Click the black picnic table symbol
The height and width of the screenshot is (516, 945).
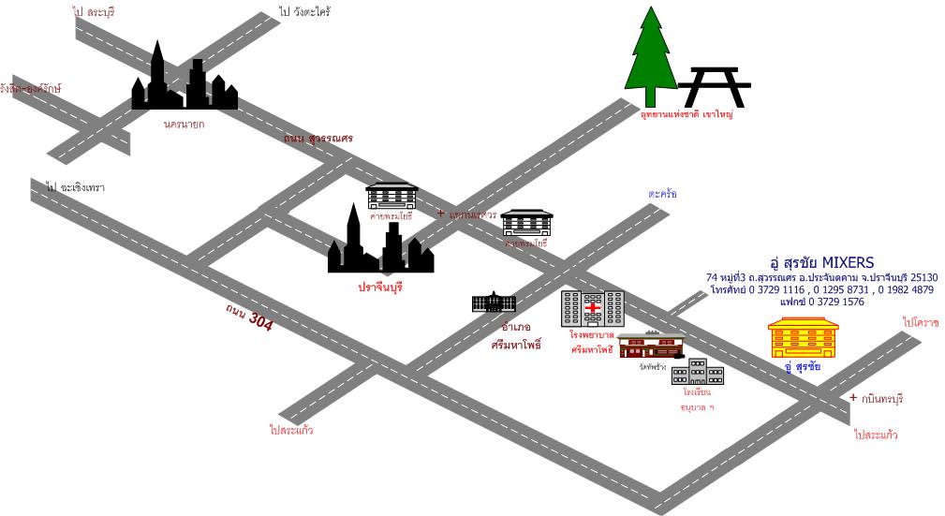click(714, 87)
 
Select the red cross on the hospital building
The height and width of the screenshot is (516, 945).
click(593, 307)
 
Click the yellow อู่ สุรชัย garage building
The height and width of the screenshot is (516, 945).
click(803, 338)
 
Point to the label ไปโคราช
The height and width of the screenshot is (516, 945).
click(920, 322)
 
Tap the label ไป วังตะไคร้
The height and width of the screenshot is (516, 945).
click(305, 12)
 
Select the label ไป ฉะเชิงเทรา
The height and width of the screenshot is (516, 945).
click(76, 187)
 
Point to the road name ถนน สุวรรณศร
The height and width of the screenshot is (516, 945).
click(318, 138)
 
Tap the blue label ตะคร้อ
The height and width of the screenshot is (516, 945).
click(661, 194)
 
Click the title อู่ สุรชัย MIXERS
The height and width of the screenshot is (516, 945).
click(821, 262)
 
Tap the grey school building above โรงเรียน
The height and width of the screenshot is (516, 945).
click(698, 372)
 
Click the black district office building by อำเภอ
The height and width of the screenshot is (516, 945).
click(494, 302)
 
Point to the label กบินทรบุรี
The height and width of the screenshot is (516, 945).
click(881, 398)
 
